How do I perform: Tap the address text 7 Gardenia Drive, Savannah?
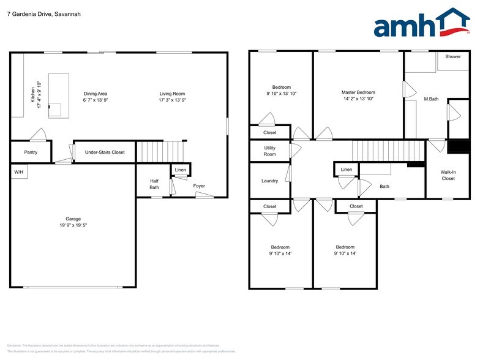point(43,13)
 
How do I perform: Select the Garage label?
point(73,219)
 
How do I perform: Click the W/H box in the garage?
point(19,173)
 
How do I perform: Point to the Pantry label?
point(31,152)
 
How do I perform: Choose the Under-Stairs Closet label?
point(105,152)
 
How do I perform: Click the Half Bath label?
point(154,184)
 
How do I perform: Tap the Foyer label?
point(199,186)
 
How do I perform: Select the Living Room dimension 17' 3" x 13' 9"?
point(172,100)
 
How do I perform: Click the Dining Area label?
point(96,94)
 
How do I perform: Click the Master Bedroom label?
point(358,92)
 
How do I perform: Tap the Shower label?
point(453,56)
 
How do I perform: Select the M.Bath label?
point(431,99)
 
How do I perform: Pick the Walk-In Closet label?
point(448,175)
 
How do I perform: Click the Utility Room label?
point(270,151)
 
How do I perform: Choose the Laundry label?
point(269,181)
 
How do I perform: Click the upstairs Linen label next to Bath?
point(347,169)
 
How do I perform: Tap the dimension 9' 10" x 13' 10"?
point(282,94)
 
